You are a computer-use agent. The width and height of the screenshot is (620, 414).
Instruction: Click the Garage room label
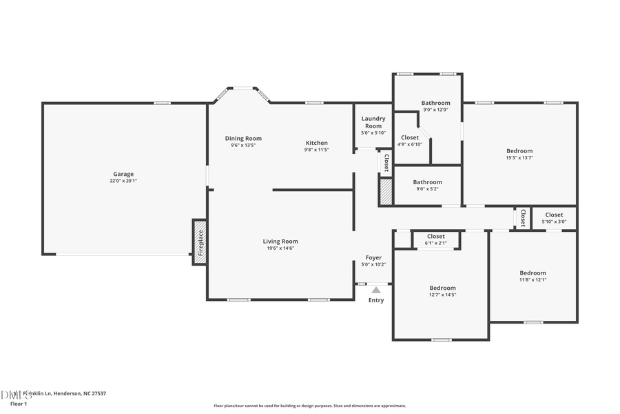tap(124, 174)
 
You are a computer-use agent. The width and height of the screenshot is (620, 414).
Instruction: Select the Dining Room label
tap(243, 138)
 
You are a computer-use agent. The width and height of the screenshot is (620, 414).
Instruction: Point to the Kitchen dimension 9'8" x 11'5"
tap(317, 150)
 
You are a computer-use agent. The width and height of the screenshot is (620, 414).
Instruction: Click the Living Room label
tap(280, 241)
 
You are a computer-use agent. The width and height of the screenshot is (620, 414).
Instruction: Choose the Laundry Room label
tap(373, 122)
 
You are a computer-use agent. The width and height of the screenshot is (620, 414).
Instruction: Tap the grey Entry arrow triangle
tap(376, 290)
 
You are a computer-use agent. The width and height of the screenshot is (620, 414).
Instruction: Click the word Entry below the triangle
tap(376, 300)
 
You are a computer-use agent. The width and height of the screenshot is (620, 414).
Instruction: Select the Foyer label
tap(373, 257)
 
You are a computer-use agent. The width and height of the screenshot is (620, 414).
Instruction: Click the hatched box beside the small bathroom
tap(386, 191)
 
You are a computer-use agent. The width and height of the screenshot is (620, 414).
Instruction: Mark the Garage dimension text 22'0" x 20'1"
tap(124, 181)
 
